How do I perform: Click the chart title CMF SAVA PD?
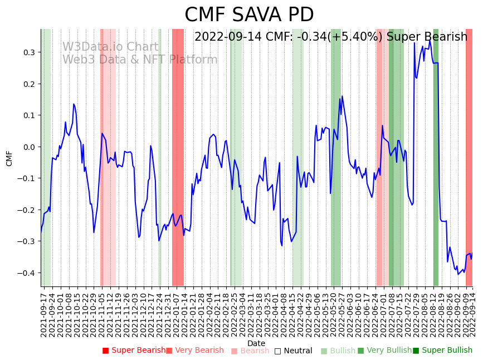point(249,15)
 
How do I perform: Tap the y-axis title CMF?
point(9,158)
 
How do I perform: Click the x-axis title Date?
point(256,343)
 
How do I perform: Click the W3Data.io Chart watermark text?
point(110,47)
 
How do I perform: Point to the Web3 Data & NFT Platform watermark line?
point(140,60)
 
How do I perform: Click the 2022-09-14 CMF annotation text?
point(331,37)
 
